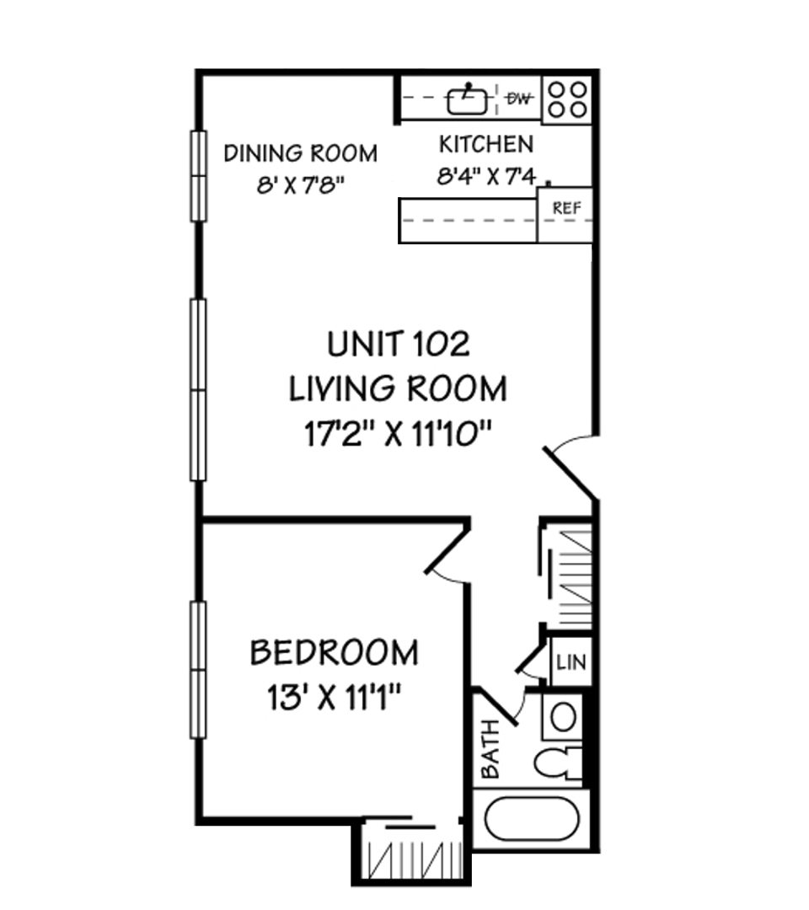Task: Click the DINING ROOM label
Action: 301,154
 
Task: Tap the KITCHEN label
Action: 486,145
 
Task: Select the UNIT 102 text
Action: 399,344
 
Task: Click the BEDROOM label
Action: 335,652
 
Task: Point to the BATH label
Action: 490,749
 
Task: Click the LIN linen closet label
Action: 571,662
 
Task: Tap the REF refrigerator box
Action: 565,214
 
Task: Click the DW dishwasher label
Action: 519,99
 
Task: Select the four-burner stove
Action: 567,99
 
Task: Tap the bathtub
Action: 532,818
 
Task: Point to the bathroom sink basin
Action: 562,718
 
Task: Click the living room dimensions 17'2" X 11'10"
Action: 399,434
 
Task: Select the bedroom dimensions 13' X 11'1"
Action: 335,697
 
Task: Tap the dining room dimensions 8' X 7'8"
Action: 301,185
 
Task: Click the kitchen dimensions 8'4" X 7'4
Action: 486,176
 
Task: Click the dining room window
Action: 199,176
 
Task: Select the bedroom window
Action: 199,671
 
